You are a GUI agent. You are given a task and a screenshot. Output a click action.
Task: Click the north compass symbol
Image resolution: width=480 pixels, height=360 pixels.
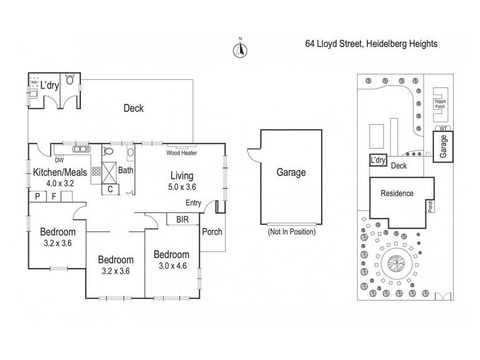[x=239, y=50]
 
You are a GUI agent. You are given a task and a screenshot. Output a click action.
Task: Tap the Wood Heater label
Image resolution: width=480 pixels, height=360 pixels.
[x=181, y=153]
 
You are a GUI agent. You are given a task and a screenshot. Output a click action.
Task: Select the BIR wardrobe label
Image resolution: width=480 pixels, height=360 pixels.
[x=182, y=220]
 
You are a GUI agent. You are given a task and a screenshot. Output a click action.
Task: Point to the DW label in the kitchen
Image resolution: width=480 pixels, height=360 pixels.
[x=59, y=160]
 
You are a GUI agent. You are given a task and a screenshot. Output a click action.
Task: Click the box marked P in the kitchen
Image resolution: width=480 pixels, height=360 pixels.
[x=37, y=196]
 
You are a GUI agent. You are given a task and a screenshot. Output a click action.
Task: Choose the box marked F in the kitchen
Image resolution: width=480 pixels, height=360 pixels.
[x=53, y=196]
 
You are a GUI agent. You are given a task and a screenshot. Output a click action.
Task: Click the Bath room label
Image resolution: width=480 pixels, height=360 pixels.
[x=126, y=170]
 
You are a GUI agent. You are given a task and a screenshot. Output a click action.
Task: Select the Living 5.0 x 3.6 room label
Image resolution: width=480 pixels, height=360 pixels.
[x=181, y=181]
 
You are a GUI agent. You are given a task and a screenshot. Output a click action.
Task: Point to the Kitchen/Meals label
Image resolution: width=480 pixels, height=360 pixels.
[x=60, y=172]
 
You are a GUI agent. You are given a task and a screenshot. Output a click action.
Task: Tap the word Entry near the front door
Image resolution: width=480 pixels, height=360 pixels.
[x=194, y=203]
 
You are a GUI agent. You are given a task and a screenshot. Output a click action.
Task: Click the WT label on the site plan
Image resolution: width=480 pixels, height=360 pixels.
[x=443, y=128]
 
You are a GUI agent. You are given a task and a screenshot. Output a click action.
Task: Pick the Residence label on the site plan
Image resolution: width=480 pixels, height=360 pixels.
[x=397, y=193]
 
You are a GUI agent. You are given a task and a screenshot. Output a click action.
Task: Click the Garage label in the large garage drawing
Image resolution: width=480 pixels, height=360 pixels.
[x=290, y=172]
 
